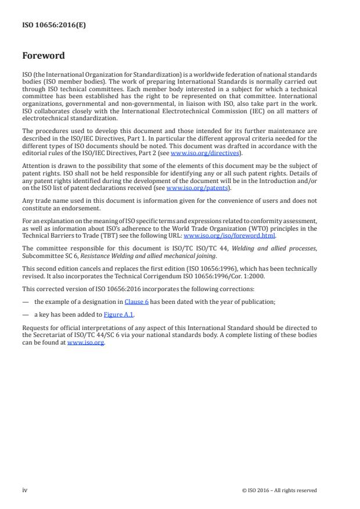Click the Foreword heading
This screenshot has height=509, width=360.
pos(43,56)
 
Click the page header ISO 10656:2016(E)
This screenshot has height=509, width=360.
pos(46,26)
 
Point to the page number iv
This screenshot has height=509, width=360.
pos(25,490)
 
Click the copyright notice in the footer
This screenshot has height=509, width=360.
pos(279,490)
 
